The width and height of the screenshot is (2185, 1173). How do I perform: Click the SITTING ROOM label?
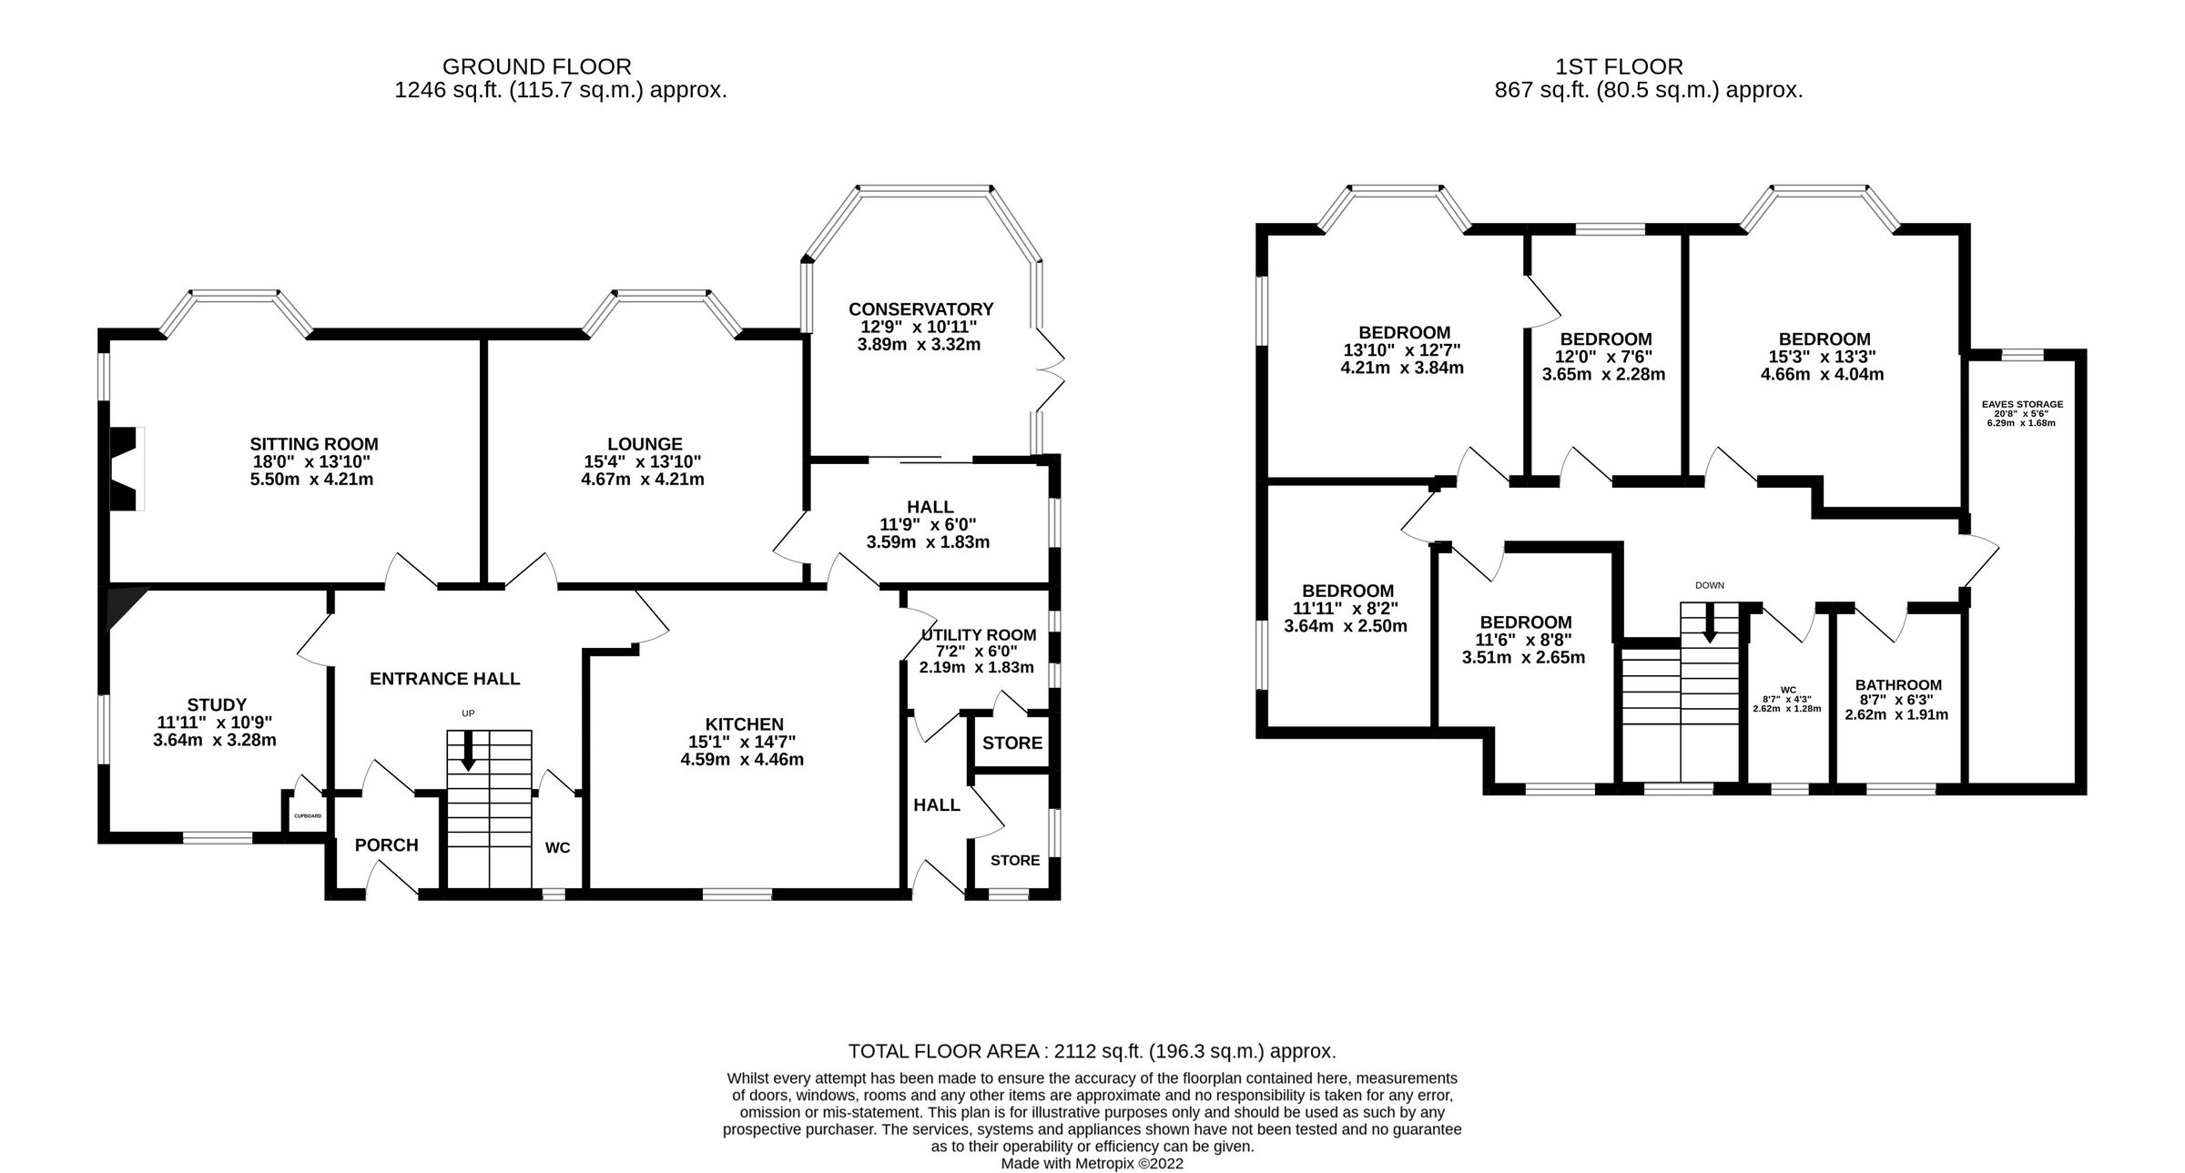314,444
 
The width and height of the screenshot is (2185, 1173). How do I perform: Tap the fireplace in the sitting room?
125,469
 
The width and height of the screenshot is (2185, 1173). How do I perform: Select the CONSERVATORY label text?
920,309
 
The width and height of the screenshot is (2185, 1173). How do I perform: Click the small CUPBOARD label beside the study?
307,816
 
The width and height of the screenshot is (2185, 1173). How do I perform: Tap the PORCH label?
386,845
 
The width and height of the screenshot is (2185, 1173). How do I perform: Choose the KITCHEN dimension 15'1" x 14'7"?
743,742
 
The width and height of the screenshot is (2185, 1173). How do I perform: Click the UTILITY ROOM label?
978,635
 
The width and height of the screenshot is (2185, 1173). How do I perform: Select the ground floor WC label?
557,848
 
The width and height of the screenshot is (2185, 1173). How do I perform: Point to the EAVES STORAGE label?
2022,404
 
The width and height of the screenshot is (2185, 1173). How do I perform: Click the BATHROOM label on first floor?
1898,685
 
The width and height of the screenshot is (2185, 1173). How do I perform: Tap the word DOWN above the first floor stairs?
1709,585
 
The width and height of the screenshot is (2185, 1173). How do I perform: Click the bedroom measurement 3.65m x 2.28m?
1603,374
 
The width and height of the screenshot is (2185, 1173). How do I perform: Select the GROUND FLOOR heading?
536,66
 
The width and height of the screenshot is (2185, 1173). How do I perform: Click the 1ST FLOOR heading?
1619,66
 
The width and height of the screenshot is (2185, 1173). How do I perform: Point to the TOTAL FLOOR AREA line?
1092,1052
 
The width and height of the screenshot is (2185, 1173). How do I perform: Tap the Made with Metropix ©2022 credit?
1092,1164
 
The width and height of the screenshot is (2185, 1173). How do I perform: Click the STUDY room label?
217,704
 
